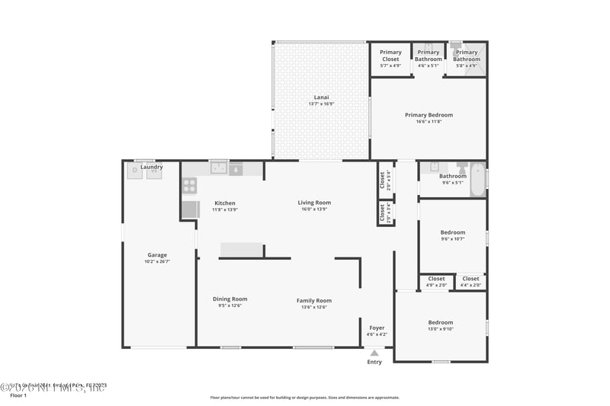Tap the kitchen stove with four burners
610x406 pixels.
point(189,184)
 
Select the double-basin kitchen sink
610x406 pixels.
point(220,169)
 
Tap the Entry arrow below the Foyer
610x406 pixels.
point(374,353)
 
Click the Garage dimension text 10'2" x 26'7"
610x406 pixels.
point(157,262)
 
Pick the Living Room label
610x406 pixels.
point(314,203)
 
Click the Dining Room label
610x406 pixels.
point(230,299)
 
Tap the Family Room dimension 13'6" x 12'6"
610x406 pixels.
point(314,308)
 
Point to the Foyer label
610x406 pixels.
point(377,328)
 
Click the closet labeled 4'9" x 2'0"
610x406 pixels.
point(436,282)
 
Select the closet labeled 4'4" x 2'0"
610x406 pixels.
point(470,282)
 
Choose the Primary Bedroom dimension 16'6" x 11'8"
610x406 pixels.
point(428,121)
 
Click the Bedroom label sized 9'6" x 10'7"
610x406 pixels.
point(452,232)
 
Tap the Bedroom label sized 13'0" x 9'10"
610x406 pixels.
point(440,322)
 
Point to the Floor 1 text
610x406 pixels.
point(18,396)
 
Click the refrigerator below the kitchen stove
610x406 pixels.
point(190,209)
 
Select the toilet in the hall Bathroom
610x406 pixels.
point(461,167)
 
